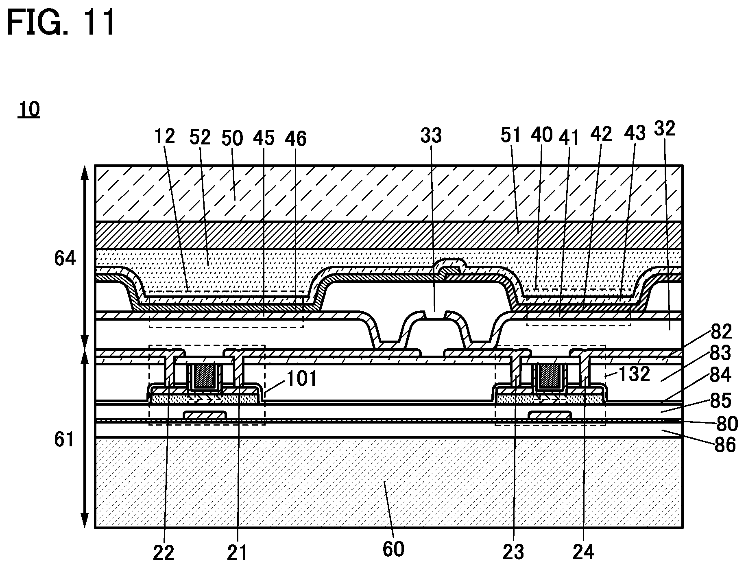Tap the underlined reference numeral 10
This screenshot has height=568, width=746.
(28, 109)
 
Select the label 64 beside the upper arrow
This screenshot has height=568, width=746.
(65, 258)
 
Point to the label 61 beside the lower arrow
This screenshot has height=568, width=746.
(64, 440)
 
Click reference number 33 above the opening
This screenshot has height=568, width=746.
(431, 135)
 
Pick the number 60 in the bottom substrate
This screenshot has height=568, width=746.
(393, 550)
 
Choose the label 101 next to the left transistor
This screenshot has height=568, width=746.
(302, 379)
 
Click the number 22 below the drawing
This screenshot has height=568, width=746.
(164, 552)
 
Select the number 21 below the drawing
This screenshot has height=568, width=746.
(237, 552)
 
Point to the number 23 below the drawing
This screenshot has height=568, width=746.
(513, 552)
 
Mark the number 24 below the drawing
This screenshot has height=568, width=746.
(583, 552)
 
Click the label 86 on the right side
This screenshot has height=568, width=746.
(725, 445)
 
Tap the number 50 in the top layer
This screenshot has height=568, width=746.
(232, 138)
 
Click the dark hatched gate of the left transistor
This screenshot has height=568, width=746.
(205, 376)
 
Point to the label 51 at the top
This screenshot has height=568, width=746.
(511, 135)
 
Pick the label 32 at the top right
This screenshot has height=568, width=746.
(665, 129)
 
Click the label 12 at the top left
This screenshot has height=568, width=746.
(164, 136)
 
